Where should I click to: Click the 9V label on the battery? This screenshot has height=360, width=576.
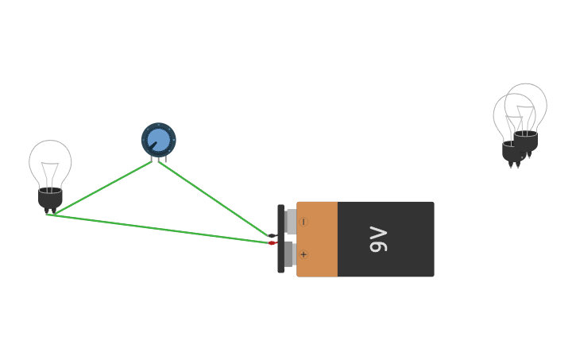point(379,239)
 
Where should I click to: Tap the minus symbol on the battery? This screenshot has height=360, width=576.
point(303,222)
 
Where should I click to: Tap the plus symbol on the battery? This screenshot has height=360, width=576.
point(303,254)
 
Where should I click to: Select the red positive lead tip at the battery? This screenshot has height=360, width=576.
point(273,243)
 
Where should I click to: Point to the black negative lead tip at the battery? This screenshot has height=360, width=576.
point(273,236)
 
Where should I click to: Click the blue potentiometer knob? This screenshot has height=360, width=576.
point(158,140)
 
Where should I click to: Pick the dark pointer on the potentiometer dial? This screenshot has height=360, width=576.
point(152,145)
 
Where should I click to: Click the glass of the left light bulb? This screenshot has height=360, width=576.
point(50,159)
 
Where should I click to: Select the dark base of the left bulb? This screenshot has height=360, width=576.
point(50,199)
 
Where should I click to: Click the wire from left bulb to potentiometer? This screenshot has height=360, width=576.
point(99,189)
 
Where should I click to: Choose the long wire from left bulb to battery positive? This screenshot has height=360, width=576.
point(159,229)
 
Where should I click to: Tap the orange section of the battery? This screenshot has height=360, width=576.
point(318,238)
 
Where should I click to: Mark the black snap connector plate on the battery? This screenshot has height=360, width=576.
point(280,238)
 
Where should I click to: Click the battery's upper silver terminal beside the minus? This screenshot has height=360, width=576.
point(291,222)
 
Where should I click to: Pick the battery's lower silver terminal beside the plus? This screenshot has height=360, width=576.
point(291,254)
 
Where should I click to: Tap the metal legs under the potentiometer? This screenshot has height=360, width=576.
point(159,159)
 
